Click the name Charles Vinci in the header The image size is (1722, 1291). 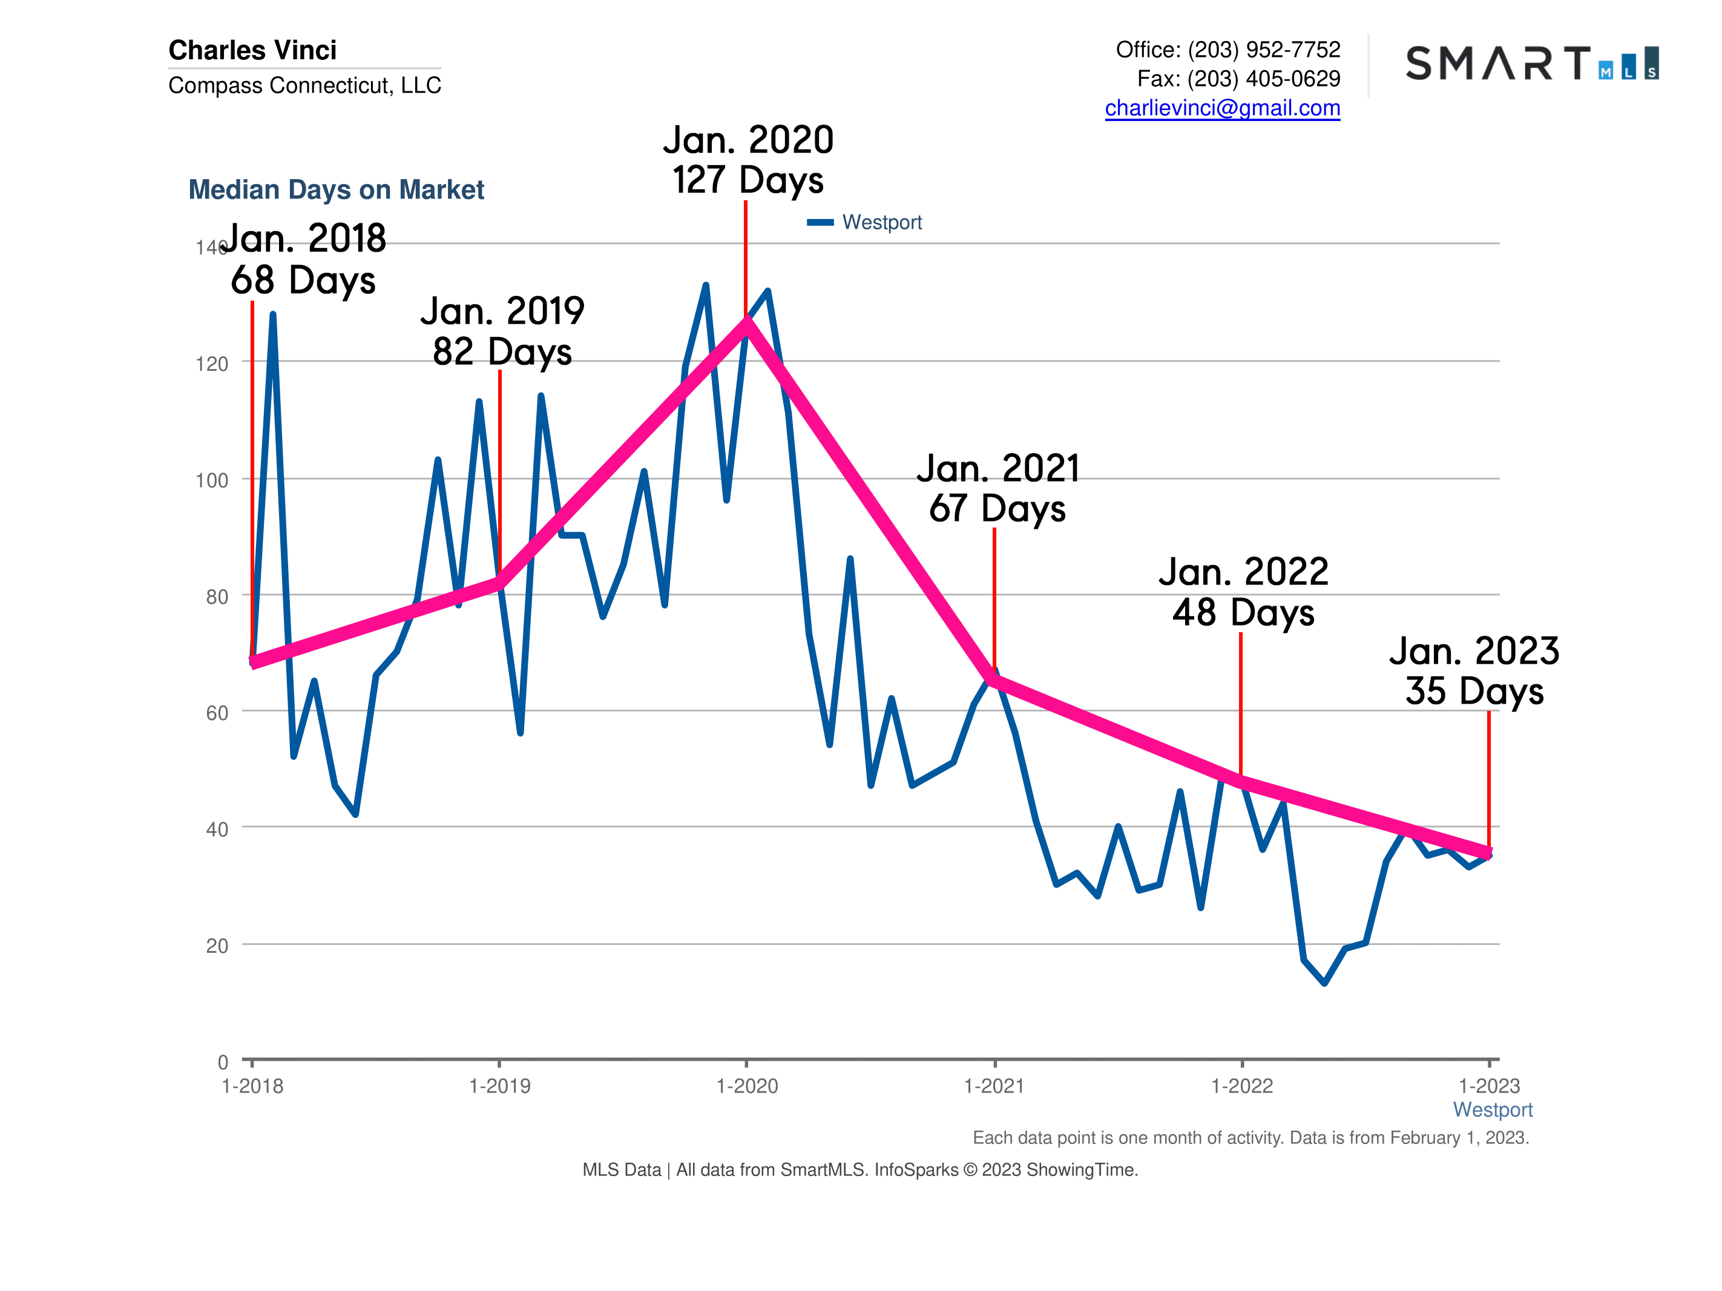tap(252, 50)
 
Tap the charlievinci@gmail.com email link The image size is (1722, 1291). tap(1221, 108)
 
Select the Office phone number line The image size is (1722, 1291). tap(1227, 49)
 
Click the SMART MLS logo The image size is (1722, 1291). tap(1531, 63)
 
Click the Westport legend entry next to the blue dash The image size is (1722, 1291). tap(881, 223)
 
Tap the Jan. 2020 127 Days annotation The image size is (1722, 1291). tap(748, 160)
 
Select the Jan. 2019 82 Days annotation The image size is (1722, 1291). tap(502, 331)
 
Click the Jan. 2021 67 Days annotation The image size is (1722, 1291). tap(997, 488)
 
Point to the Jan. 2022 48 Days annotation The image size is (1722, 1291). tap(1243, 592)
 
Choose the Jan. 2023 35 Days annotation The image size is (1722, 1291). tap(1474, 671)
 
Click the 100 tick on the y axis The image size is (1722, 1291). tap(212, 480)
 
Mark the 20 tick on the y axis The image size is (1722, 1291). tap(217, 946)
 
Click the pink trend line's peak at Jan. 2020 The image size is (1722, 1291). tap(746, 322)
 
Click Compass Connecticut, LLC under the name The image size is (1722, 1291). tap(304, 85)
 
